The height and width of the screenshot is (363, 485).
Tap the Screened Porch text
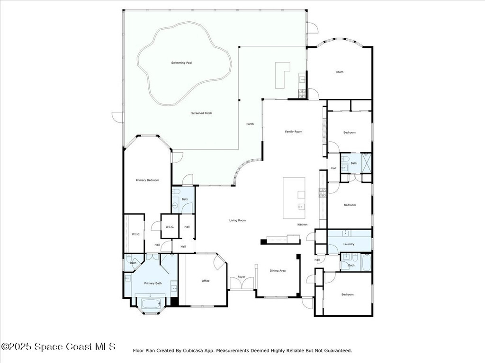[201, 113]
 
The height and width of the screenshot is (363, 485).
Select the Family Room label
[293, 132]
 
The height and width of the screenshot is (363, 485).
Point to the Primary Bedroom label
[147, 180]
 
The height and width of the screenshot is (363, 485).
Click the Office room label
[205, 281]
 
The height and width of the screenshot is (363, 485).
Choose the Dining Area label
[278, 271]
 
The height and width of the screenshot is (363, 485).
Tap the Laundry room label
[349, 244]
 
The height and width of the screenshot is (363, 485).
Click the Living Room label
[237, 220]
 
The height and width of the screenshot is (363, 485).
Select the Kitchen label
[302, 225]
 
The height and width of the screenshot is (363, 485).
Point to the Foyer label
[241, 277]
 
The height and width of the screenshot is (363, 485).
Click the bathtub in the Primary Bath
[148, 302]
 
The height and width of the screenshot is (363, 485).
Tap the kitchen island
[294, 198]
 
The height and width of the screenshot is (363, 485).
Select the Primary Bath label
[153, 283]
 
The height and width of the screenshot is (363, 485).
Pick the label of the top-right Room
[339, 72]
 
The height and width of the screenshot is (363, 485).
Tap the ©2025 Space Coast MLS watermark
[58, 346]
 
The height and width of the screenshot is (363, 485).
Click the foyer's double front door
[241, 284]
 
